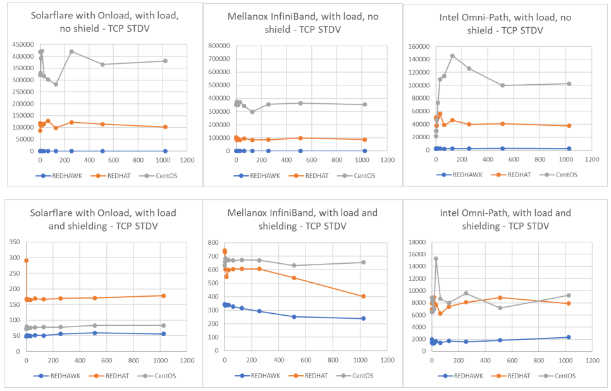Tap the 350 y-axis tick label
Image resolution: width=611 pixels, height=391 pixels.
(17, 242)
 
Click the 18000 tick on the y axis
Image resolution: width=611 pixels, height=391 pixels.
(417, 242)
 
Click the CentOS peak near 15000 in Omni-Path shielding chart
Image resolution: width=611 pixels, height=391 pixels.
(436, 259)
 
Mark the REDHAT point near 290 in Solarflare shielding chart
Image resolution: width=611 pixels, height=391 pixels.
(27, 261)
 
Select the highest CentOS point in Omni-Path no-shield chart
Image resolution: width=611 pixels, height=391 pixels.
(452, 56)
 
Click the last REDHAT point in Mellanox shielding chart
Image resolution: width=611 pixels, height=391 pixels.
(363, 296)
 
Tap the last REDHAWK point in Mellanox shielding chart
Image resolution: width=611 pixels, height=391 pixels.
(363, 318)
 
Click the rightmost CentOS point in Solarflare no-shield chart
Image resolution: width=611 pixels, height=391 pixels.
(165, 61)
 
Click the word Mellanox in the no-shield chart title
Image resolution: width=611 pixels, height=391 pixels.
(254, 17)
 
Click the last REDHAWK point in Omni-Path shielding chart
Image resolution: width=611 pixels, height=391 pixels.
(569, 337)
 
